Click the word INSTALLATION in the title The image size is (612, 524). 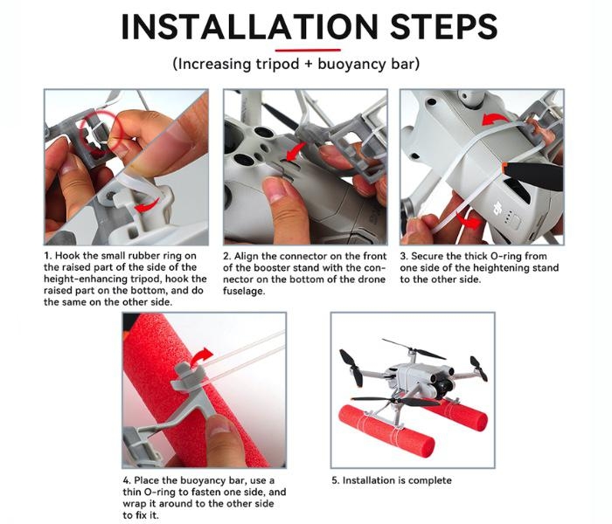(250, 26)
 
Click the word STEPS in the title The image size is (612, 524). (444, 26)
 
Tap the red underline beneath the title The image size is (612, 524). (308, 50)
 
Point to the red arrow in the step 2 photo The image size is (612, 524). (296, 152)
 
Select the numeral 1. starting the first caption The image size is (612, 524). (47, 256)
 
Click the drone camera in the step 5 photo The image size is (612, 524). (442, 383)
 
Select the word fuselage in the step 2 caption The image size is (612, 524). (243, 291)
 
